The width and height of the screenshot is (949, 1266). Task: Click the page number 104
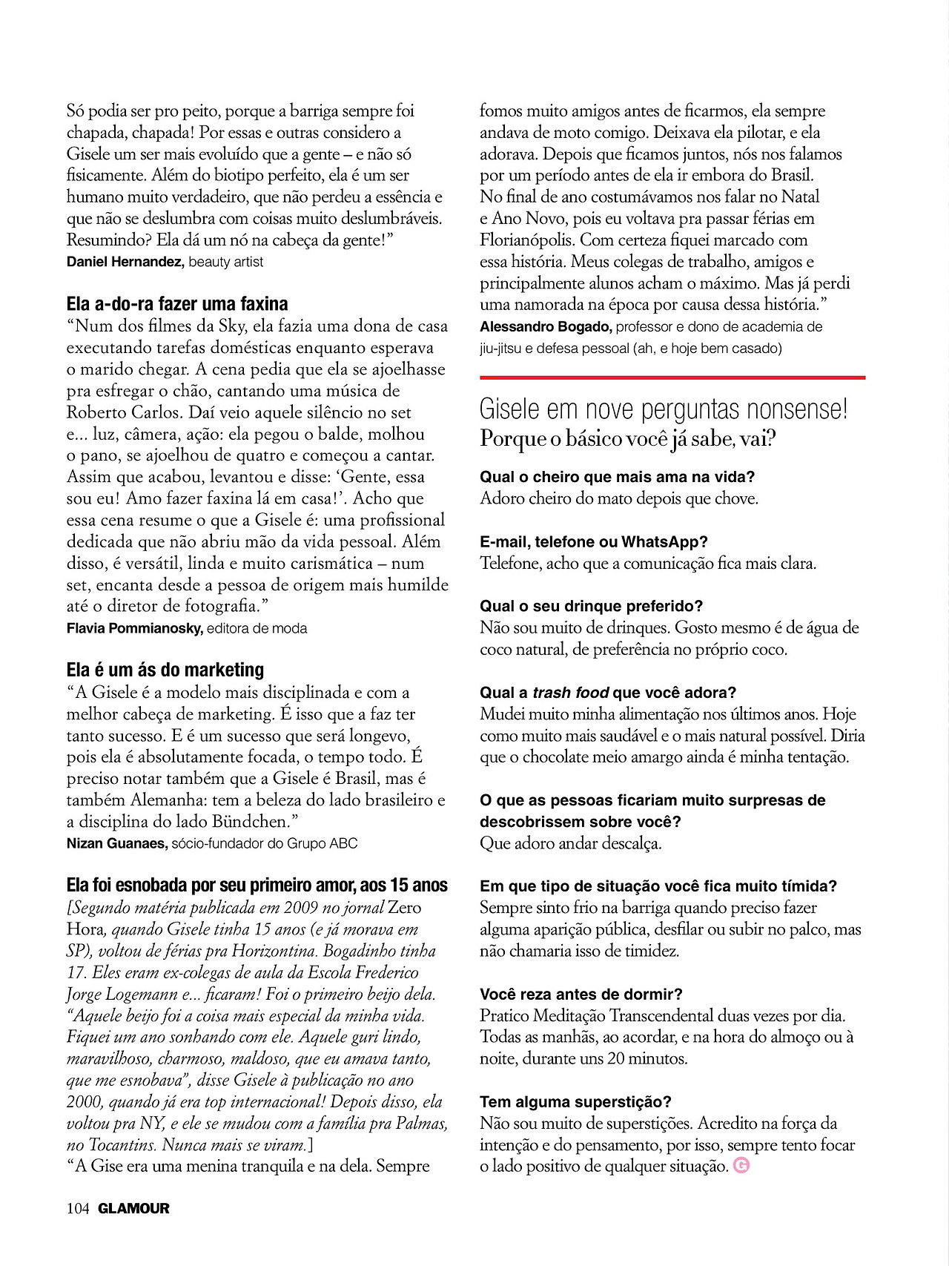click(x=77, y=1208)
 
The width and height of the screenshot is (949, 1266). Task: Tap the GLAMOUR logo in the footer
click(x=133, y=1208)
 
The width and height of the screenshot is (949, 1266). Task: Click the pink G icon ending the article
click(x=741, y=1165)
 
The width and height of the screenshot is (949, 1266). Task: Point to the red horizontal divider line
click(x=672, y=378)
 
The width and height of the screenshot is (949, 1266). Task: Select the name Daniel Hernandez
click(x=125, y=262)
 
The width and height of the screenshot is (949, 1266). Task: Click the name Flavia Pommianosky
click(x=134, y=628)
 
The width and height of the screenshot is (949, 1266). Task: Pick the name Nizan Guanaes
click(x=117, y=843)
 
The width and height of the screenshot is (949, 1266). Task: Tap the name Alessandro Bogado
click(x=545, y=326)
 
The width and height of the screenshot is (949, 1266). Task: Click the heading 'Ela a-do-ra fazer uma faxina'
click(x=177, y=304)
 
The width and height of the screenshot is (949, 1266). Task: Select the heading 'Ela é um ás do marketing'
click(x=165, y=670)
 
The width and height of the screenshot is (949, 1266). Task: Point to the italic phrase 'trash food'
click(x=570, y=693)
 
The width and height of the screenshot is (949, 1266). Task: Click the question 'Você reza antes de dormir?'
click(x=581, y=994)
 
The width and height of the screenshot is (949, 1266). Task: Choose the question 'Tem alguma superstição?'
click(x=575, y=1101)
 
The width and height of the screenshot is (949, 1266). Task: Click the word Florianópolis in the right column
click(x=527, y=240)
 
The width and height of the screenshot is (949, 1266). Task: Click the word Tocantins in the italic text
click(x=122, y=1144)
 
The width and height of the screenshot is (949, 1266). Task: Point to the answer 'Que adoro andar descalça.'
click(x=570, y=843)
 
